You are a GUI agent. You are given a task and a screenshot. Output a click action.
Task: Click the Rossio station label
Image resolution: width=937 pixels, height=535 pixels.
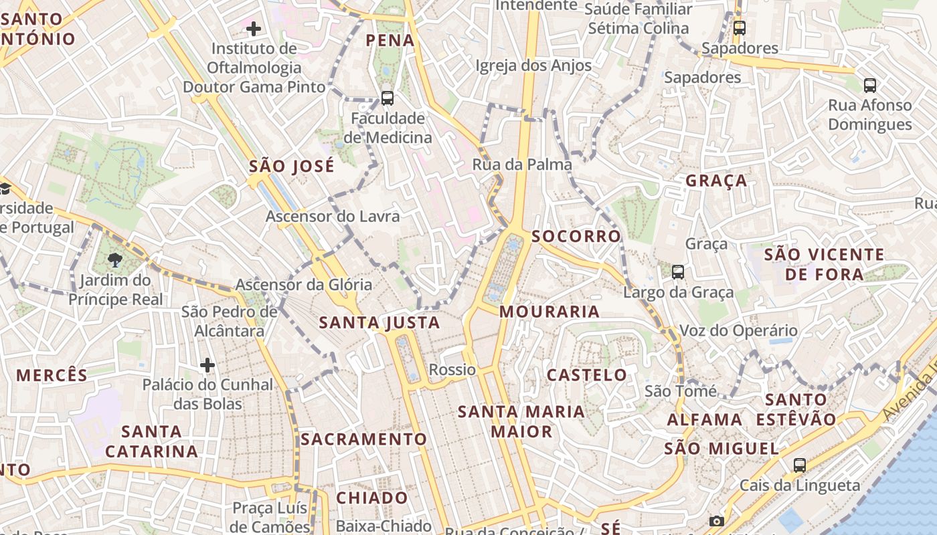(452, 370)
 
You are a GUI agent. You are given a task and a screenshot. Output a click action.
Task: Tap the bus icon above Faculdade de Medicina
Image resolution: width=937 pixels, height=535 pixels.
(387, 98)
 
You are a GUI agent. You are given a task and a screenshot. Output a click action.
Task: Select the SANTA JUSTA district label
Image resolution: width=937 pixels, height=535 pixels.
(379, 323)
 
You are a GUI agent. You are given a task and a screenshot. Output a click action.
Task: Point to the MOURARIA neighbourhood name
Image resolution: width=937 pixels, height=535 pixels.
(549, 312)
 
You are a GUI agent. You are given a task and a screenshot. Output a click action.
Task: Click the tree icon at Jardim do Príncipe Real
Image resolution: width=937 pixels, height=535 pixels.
(115, 259)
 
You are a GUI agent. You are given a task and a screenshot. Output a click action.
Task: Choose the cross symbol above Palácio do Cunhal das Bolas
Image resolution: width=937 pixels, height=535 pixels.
(207, 365)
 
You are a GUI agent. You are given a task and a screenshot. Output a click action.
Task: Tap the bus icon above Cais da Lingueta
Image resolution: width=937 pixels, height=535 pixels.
(799, 465)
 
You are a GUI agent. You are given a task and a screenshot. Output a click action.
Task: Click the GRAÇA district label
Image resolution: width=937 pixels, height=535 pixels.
(716, 181)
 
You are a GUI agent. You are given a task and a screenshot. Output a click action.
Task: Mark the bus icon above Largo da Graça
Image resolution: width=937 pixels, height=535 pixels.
(678, 272)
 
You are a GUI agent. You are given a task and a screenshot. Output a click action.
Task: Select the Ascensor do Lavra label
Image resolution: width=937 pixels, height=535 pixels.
(333, 217)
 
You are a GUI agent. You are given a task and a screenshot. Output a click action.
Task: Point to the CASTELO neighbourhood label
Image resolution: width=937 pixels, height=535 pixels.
(587, 374)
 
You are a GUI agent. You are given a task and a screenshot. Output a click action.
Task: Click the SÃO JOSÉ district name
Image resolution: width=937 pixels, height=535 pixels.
(291, 167)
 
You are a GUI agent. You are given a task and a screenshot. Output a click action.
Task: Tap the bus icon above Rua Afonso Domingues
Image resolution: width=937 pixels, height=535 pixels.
(869, 85)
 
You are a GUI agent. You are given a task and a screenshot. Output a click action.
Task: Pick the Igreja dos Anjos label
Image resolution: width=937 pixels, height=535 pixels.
(533, 66)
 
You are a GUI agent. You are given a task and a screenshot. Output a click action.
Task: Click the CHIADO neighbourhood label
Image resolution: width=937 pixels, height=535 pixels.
(371, 498)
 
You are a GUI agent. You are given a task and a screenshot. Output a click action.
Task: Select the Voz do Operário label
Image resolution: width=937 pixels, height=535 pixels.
(738, 330)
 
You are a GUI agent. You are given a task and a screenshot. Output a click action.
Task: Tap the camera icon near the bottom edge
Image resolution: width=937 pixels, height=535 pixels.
(716, 521)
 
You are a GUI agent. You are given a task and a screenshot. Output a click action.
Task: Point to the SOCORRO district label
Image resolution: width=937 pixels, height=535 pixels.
(576, 237)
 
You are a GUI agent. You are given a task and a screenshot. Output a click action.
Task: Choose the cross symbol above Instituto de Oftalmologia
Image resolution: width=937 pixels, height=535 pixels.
(254, 28)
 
